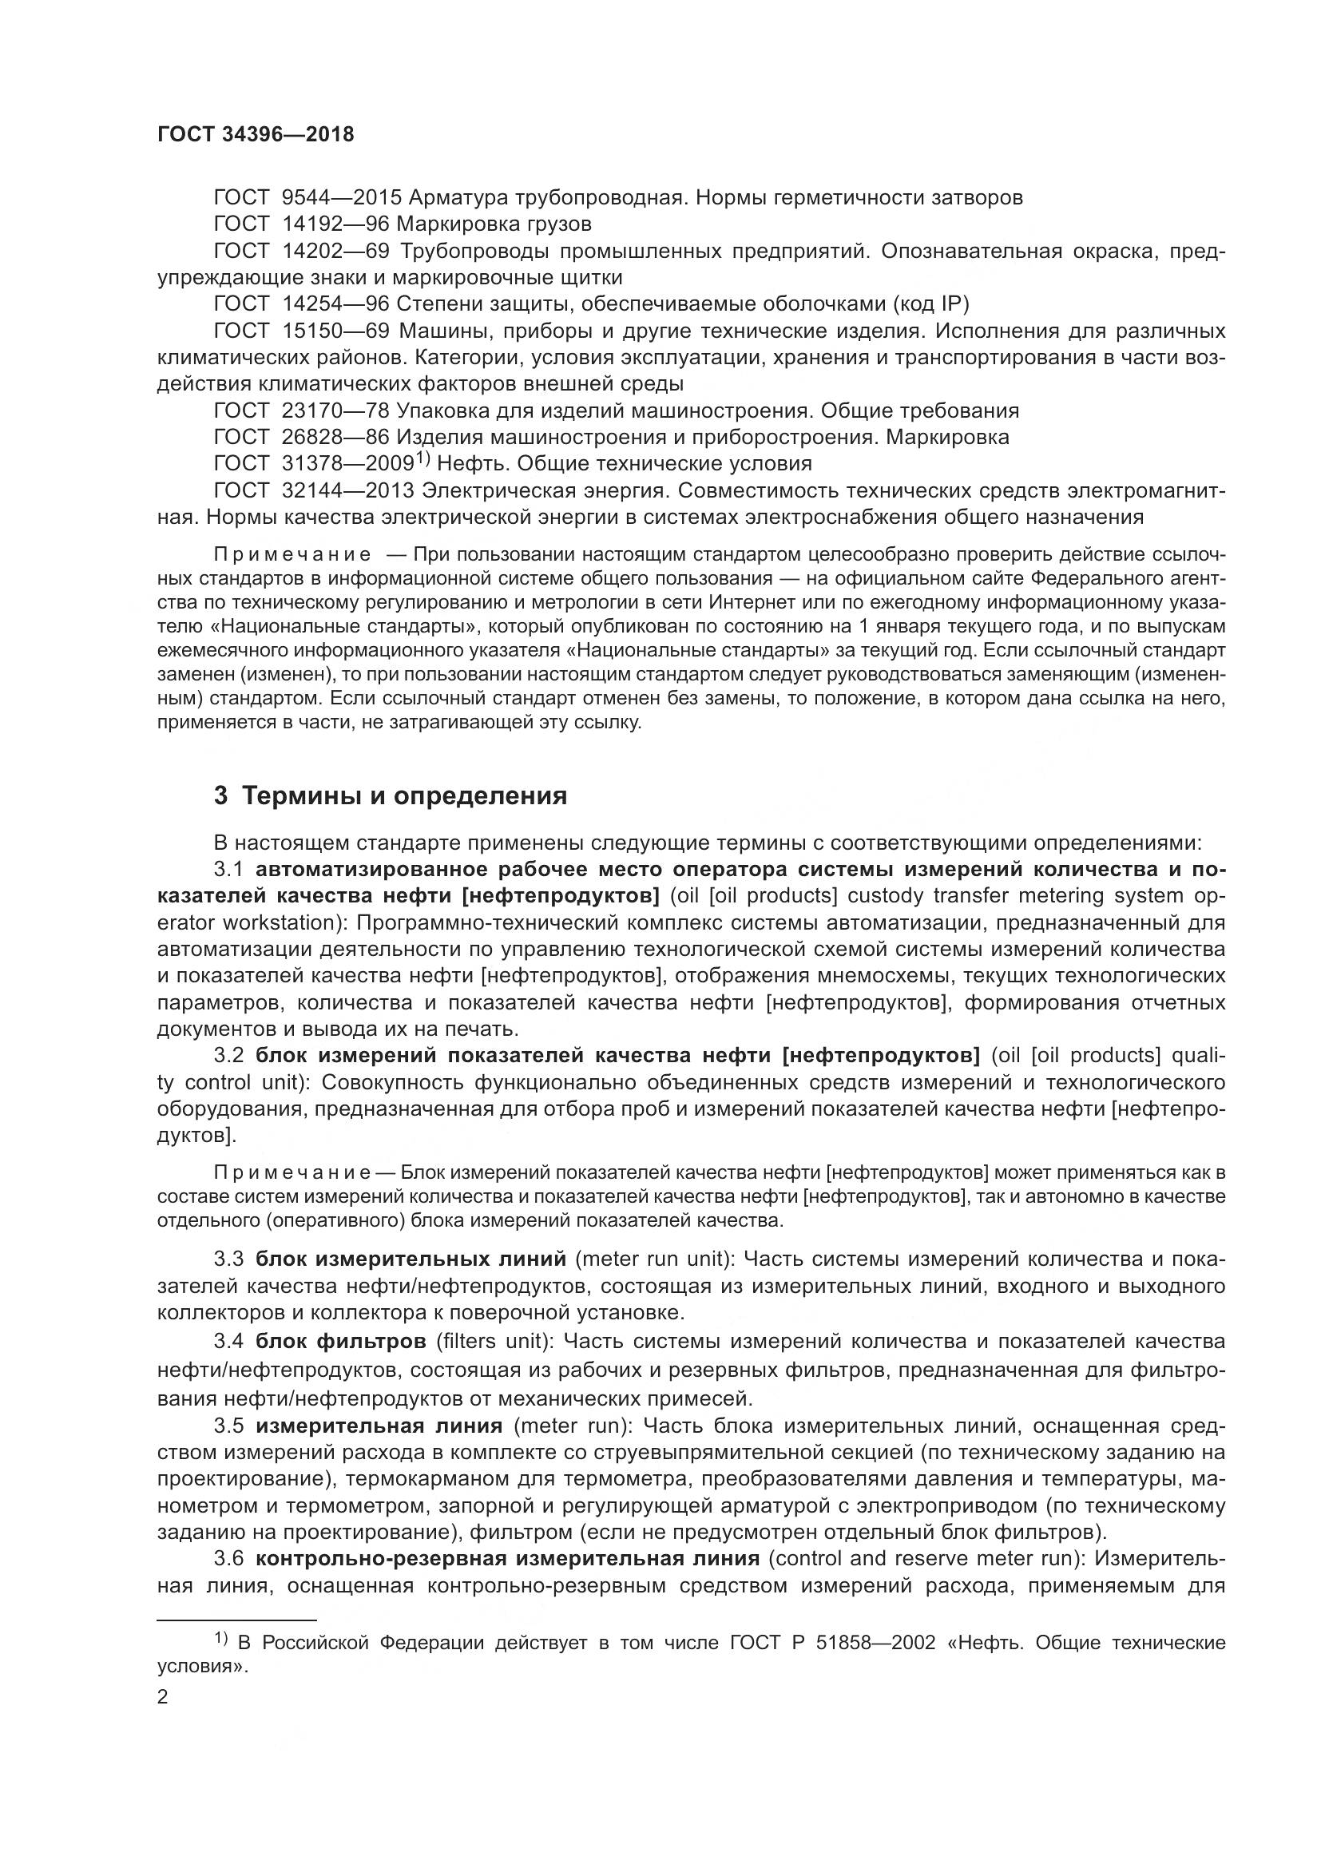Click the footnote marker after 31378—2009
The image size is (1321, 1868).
pyautogui.click(x=422, y=459)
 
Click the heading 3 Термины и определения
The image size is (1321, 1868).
pyautogui.click(x=391, y=795)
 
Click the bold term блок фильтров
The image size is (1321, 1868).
pyautogui.click(x=341, y=1340)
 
